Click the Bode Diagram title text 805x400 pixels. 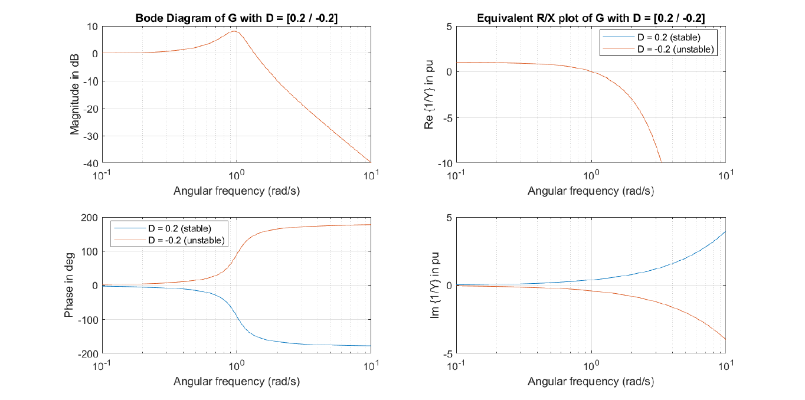[237, 18]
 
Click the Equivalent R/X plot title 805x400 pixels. [591, 18]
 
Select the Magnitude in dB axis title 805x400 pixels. [75, 94]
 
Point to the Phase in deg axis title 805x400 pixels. [69, 286]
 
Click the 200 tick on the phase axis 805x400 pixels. [90, 218]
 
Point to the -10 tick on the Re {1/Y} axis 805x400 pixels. [444, 162]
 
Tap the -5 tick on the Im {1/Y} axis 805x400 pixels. [447, 353]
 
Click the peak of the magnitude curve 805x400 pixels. [234, 31]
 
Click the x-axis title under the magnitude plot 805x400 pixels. [237, 191]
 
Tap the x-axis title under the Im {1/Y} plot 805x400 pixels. [591, 382]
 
